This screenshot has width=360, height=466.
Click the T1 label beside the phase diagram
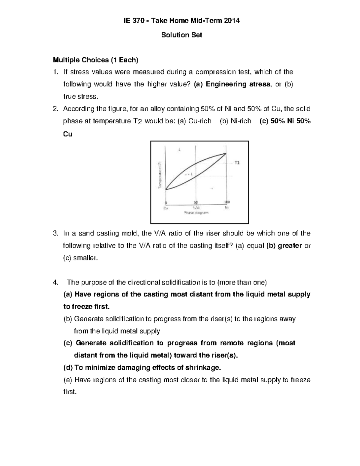pyautogui.click(x=237, y=163)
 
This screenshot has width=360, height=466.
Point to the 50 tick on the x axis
pyautogui.click(x=196, y=202)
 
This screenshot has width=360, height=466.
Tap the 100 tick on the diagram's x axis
pyautogui.click(x=227, y=202)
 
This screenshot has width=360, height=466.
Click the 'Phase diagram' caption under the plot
pyautogui.click(x=196, y=213)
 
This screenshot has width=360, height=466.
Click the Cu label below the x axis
pyautogui.click(x=165, y=207)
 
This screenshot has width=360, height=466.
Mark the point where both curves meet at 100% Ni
pyautogui.click(x=226, y=154)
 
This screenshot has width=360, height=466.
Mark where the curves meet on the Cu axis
pyautogui.click(x=166, y=189)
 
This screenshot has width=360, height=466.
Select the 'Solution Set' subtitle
pyautogui.click(x=182, y=35)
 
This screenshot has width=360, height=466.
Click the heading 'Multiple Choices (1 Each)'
pyautogui.click(x=96, y=60)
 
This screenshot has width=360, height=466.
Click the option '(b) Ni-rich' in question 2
pyautogui.click(x=235, y=121)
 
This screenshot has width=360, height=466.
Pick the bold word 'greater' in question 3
pyautogui.click(x=290, y=246)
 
